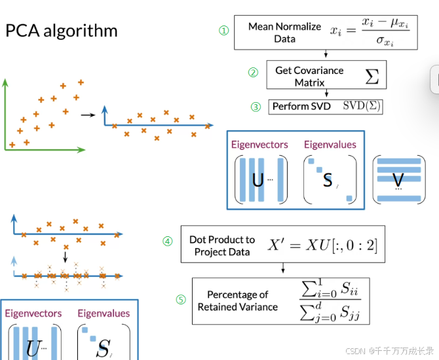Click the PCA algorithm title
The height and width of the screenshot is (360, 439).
click(x=62, y=31)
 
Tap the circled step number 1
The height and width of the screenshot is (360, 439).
click(x=223, y=31)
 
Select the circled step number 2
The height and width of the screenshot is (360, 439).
click(x=253, y=73)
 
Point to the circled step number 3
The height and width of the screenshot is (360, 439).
click(x=256, y=106)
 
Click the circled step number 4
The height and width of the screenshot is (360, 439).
click(x=168, y=241)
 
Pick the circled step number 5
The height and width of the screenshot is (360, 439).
click(x=181, y=300)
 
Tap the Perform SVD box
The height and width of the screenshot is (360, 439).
click(x=326, y=106)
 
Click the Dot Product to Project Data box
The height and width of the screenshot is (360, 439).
click(x=282, y=245)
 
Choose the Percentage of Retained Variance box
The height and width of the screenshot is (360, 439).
click(x=282, y=300)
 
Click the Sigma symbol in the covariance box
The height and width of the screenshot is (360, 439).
click(x=372, y=76)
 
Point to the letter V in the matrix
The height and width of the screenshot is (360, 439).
click(x=398, y=179)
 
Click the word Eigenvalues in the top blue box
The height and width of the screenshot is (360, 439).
click(x=330, y=144)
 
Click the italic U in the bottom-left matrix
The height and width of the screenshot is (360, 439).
click(x=33, y=349)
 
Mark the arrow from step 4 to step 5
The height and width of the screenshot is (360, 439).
click(x=282, y=268)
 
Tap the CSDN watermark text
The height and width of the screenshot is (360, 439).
click(x=391, y=351)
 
